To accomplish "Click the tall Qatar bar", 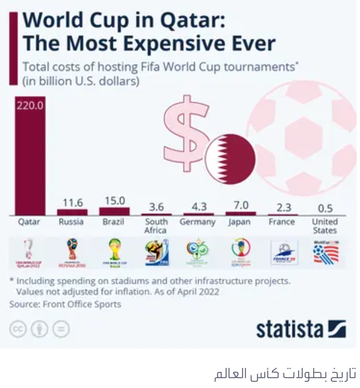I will pyautogui.click(x=30, y=157).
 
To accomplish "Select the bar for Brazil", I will pyautogui.click(x=114, y=211).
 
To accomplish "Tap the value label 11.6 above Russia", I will pyautogui.click(x=72, y=202).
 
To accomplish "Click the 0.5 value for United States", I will pyautogui.click(x=325, y=208).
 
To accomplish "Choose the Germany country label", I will pyautogui.click(x=198, y=222).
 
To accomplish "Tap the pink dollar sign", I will pyautogui.click(x=186, y=134).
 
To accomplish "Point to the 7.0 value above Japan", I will pyautogui.click(x=241, y=205).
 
